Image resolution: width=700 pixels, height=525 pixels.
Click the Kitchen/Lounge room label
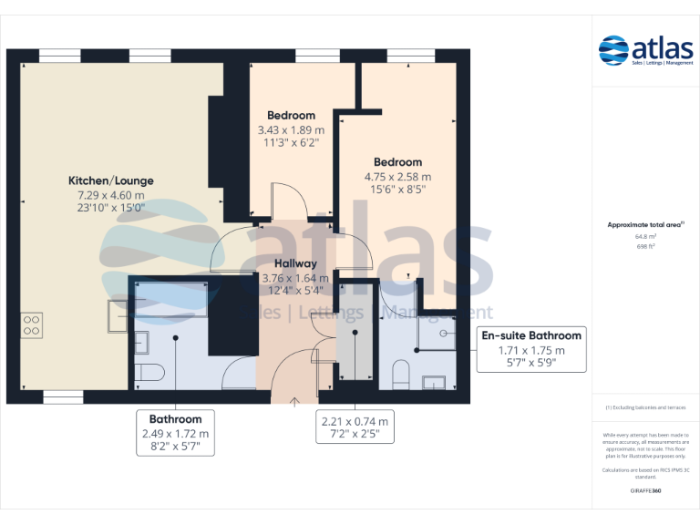[110, 180]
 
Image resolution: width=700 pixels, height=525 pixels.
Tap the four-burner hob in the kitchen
[32, 325]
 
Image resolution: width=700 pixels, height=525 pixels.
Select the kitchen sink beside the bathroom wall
[119, 314]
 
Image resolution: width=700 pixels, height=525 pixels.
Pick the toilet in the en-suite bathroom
[400, 374]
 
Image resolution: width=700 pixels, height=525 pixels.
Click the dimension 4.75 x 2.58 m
[397, 177]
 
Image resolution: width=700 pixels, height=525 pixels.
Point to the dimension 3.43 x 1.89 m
[291, 130]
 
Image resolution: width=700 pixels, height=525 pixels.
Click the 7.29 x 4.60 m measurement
[110, 195]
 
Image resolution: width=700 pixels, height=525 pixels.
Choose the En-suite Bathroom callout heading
[531, 335]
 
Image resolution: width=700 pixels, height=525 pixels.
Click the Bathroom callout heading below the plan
[175, 419]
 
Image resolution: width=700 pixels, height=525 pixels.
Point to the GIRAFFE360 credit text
[645, 491]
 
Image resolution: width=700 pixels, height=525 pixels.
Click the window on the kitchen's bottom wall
[63, 397]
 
